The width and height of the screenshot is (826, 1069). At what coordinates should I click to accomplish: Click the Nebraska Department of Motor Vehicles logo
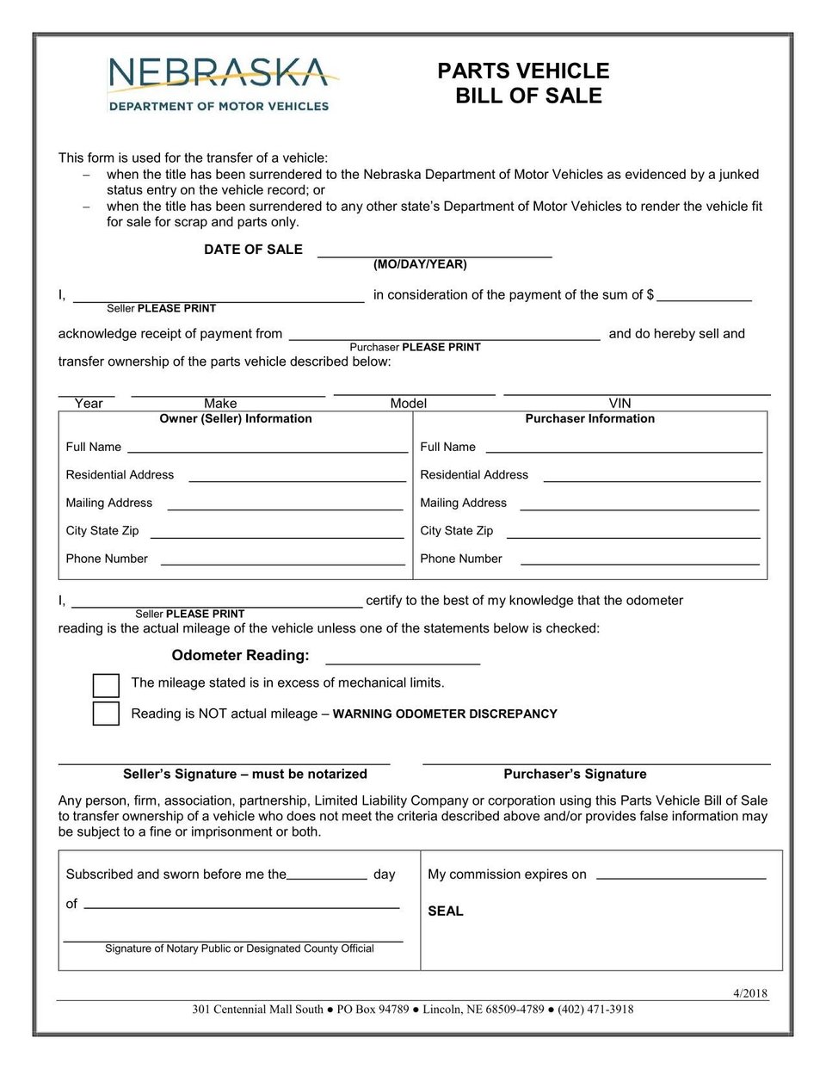219,84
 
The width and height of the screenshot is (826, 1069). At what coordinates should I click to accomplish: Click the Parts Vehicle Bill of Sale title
524,83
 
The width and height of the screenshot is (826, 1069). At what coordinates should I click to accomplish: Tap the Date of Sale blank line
435,252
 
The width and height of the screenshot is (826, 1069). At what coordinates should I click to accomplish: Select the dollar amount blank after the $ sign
704,296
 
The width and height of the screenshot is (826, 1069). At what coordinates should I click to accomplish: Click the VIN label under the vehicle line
619,403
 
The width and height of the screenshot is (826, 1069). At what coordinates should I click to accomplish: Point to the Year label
88,403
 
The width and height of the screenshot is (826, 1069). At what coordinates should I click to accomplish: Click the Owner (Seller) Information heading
236,419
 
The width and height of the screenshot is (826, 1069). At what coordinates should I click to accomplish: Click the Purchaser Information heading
589,419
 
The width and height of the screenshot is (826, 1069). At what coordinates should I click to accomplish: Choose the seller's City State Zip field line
276,533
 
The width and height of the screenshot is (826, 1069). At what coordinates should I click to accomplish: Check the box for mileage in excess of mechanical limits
106,685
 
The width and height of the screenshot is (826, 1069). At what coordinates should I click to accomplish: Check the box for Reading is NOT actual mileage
106,714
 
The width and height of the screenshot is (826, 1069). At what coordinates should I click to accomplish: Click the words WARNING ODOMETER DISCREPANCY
445,714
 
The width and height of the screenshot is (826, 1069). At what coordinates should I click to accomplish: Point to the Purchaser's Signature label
575,774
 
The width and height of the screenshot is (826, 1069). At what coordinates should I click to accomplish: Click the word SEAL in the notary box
446,911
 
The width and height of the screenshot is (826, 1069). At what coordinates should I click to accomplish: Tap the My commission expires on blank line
681,874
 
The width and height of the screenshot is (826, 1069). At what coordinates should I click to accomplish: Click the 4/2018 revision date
749,993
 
